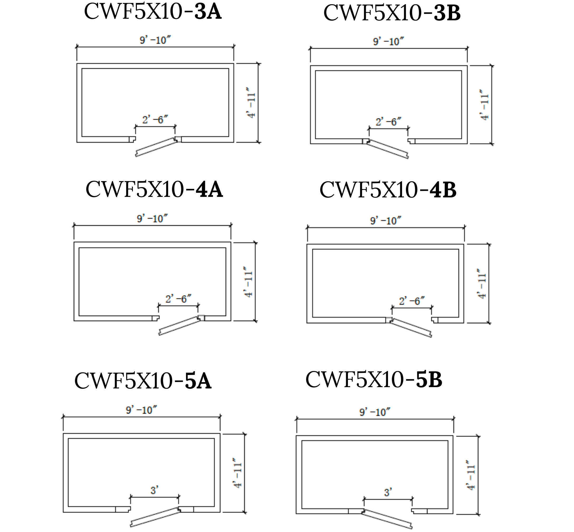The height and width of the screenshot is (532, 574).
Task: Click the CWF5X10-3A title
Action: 153,12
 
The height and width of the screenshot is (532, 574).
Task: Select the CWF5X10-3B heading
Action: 392,13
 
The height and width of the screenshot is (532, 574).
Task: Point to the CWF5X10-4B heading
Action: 388,190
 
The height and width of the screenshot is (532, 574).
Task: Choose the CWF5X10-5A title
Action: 143,381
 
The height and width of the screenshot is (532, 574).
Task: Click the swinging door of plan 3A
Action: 156,147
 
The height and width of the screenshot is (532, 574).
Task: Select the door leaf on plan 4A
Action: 179,326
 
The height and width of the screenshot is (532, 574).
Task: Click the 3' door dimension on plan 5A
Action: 155,490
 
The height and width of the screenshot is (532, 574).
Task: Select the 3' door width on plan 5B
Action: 388,492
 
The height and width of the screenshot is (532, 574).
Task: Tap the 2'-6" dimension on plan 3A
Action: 155,120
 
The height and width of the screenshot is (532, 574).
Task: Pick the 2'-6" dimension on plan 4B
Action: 412,301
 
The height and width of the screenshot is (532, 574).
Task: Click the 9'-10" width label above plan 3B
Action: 388,42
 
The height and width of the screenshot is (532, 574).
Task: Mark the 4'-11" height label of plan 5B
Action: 471,475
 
